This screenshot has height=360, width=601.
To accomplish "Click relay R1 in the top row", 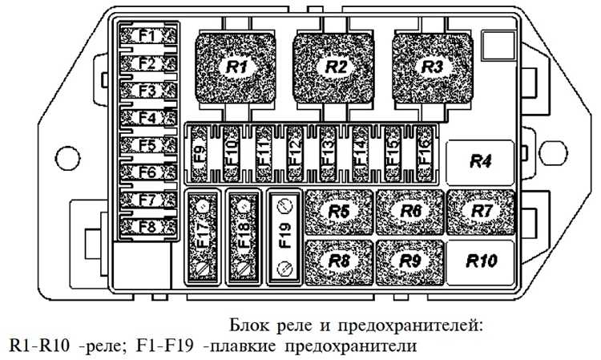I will pos(236,69).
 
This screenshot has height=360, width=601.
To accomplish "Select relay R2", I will pos(335,69).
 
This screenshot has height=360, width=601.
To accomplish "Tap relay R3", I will pos(434,67).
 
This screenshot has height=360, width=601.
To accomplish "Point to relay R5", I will pos(339,212).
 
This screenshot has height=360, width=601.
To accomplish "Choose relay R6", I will pos(410,212).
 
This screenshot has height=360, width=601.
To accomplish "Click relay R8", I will pos(339,261).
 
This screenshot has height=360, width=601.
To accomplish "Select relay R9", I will pos(410,261).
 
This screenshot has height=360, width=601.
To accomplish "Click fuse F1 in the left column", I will pos(147,35).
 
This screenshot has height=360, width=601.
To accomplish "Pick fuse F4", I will pos(147,118).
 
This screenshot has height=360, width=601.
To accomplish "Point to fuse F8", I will pos(147,227).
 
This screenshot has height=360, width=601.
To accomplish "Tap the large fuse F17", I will pos(204,237).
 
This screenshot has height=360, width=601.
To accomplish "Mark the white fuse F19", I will pos(284,237).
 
